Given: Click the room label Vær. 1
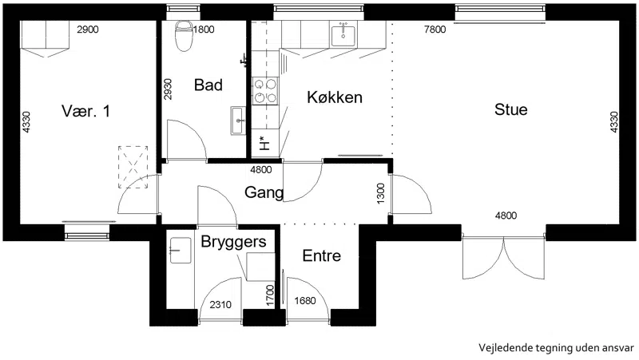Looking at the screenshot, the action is click(x=86, y=111).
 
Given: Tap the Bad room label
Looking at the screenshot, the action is click(x=208, y=85).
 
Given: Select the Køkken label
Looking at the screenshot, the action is click(x=335, y=97).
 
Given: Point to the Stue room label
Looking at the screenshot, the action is click(x=511, y=109).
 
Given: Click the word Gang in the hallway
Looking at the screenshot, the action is click(x=264, y=192).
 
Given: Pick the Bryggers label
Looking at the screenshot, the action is click(x=233, y=242).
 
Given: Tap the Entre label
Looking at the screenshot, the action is click(x=322, y=255).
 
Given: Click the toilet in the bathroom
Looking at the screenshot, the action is click(x=184, y=36).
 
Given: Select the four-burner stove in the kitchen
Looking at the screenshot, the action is click(x=265, y=91).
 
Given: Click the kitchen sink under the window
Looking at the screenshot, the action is click(x=343, y=34).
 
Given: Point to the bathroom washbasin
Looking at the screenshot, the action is click(x=238, y=121).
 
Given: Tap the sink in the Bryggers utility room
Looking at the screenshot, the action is click(x=181, y=250).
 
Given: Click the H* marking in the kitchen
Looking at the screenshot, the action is click(x=264, y=144).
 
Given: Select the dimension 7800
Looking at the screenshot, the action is click(x=435, y=30).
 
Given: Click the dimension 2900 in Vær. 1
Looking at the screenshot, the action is click(x=88, y=30).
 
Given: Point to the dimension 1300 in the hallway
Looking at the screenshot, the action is click(x=381, y=193).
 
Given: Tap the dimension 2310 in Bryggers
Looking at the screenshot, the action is click(x=220, y=305).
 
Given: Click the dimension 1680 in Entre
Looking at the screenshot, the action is click(x=305, y=301).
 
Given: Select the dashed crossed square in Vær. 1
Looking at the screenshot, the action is click(x=133, y=167).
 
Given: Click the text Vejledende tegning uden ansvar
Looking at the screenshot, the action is click(x=556, y=348).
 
